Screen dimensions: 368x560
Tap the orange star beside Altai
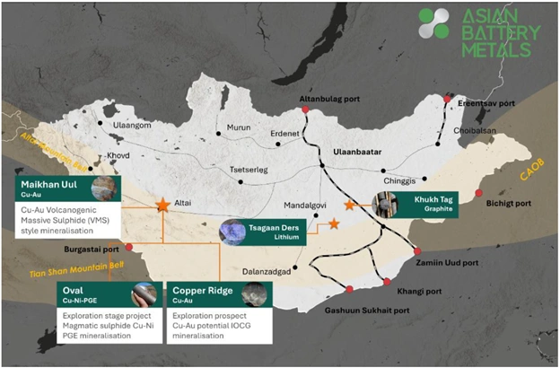coord(162,206)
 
